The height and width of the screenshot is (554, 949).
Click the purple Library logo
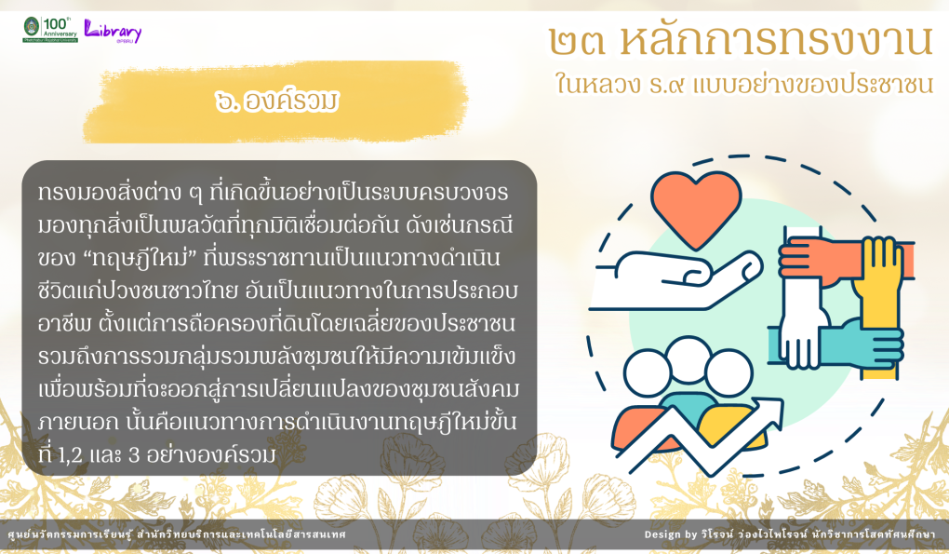pyautogui.click(x=113, y=31)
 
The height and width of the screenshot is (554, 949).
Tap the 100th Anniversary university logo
pyautogui.click(x=50, y=29)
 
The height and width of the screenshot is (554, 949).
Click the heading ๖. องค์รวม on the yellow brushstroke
pyautogui.click(x=276, y=101)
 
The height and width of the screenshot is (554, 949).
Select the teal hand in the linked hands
pyautogui.click(x=848, y=343)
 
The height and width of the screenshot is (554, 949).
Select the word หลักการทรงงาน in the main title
pyautogui.click(x=776, y=40)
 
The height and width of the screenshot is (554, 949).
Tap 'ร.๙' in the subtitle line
pyautogui.click(x=666, y=85)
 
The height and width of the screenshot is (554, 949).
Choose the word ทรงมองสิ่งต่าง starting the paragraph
pyautogui.click(x=110, y=193)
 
